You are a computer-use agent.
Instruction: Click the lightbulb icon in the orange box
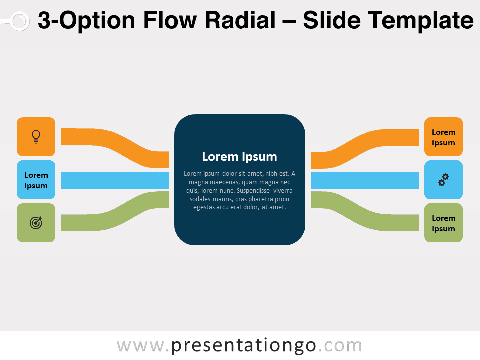point(36,136)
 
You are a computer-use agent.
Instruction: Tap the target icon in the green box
point(36,223)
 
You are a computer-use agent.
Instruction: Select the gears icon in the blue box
point(443,180)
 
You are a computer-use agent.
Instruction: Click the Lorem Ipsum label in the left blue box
point(36,180)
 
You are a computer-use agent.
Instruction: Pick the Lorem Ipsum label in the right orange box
point(443,137)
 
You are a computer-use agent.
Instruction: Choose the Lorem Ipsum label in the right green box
point(443,223)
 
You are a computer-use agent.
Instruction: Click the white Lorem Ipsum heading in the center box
point(239,156)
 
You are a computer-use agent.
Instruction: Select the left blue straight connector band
point(115,180)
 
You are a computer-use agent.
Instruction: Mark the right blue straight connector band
point(365,180)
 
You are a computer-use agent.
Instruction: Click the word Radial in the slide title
point(240,20)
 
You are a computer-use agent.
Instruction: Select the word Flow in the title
point(170,20)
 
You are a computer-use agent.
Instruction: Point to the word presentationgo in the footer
point(243,346)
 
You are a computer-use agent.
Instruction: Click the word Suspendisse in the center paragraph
point(253,190)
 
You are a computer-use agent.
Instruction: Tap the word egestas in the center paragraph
point(204,207)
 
